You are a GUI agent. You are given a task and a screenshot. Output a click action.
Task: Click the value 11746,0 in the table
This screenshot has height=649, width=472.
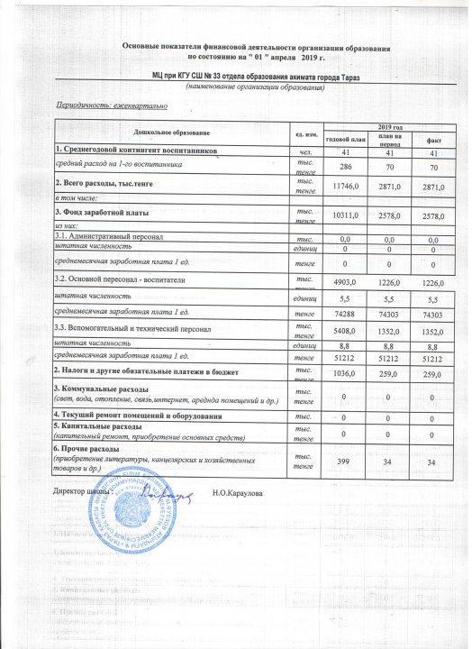click(x=344, y=183)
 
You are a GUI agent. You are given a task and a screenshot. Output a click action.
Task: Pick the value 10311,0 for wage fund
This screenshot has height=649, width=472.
click(x=344, y=215)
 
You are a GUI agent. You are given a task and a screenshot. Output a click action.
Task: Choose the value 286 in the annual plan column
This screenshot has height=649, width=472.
click(x=344, y=166)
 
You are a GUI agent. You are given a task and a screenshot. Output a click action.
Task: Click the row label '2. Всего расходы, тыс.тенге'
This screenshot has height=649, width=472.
click(x=103, y=183)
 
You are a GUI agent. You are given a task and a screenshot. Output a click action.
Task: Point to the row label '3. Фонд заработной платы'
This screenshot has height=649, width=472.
click(x=98, y=211)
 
